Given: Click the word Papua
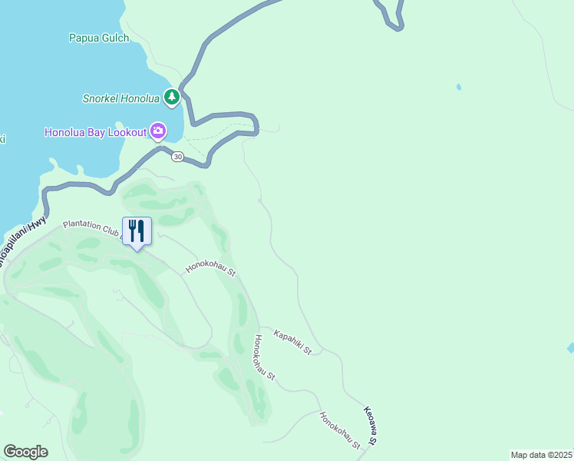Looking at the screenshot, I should click(x=84, y=37).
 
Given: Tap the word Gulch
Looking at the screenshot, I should click(x=114, y=37).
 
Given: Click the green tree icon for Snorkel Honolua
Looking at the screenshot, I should click(x=173, y=97).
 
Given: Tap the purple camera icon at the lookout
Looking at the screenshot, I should click(x=158, y=131).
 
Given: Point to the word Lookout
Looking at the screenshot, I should click(x=127, y=132).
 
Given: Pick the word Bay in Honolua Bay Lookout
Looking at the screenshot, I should click(x=94, y=132).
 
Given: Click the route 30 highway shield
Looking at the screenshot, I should click(x=177, y=157).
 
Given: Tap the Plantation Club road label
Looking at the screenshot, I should click(x=92, y=227).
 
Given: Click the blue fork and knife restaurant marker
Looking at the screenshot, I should click(x=137, y=231).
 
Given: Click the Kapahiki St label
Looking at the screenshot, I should click(x=292, y=343).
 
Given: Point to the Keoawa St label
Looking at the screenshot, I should click(x=371, y=426).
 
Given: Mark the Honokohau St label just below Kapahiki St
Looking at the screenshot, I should click(x=265, y=359).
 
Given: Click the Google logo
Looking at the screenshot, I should click(x=25, y=452).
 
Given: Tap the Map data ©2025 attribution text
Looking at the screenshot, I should click(x=541, y=455).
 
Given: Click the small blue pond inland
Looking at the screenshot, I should click(x=459, y=87).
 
